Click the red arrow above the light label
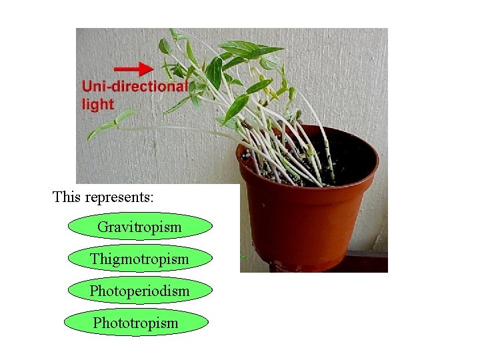point(135,68)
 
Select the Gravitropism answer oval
point(139,227)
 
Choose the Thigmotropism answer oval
point(139,259)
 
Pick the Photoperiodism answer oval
point(139,291)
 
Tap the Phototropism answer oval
point(136,323)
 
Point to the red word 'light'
point(97,103)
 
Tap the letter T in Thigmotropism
point(95,259)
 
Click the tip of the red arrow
point(153,68)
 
